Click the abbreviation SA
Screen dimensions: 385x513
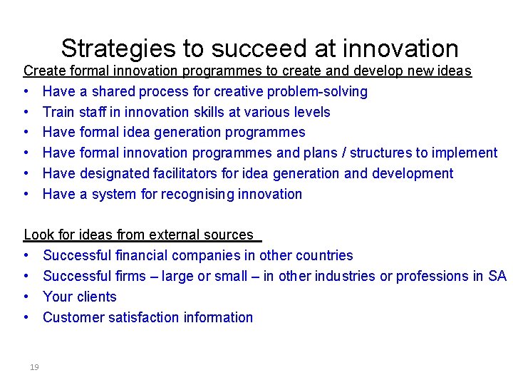497,276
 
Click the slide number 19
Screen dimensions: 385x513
34,367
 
